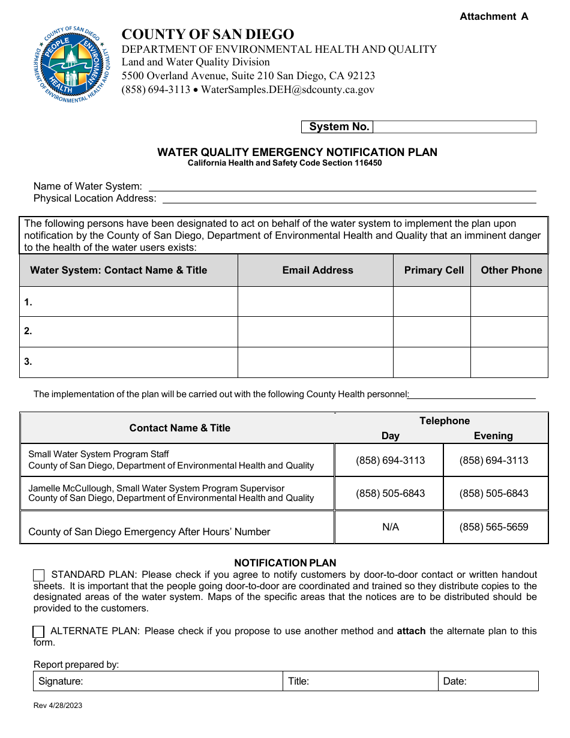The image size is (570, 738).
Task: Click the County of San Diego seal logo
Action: pyautogui.click(x=72, y=65)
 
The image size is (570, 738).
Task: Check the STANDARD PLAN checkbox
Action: pyautogui.click(x=38, y=575)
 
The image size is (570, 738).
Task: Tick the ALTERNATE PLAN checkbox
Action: pyautogui.click(x=38, y=631)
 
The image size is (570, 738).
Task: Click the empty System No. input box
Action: pyautogui.click(x=454, y=127)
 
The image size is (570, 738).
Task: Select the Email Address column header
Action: pyautogui.click(x=317, y=271)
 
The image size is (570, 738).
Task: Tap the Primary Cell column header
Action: pyautogui.click(x=434, y=271)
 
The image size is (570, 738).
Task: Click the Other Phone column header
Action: pyautogui.click(x=511, y=271)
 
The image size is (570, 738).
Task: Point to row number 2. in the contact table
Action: pyautogui.click(x=28, y=331)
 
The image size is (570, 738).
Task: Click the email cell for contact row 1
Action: pyautogui.click(x=315, y=301)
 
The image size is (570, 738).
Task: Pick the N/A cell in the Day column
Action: pyautogui.click(x=390, y=527)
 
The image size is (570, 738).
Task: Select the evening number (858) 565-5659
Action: pyautogui.click(x=494, y=527)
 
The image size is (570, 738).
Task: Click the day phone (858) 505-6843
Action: pyautogui.click(x=390, y=493)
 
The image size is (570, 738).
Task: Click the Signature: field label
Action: pyautogui.click(x=61, y=681)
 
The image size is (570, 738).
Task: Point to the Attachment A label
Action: pyautogui.click(x=494, y=17)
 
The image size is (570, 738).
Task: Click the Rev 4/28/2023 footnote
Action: pyautogui.click(x=58, y=706)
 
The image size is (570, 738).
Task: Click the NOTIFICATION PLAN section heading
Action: pyautogui.click(x=285, y=563)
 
